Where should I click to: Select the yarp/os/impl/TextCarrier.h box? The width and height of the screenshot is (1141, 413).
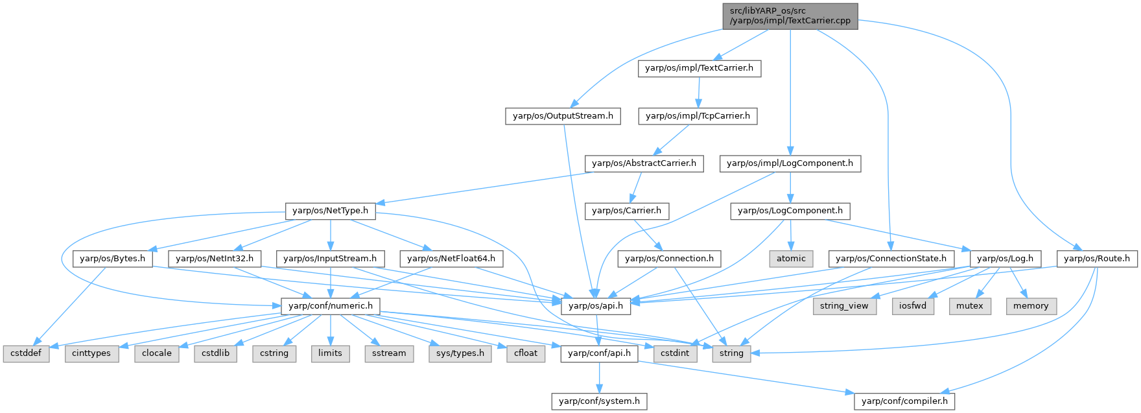tap(699, 69)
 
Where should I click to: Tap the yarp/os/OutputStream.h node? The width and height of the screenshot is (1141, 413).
tap(563, 117)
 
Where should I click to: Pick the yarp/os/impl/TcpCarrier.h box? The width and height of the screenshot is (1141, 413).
tap(697, 117)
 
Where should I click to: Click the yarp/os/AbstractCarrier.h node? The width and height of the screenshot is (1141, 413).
tap(644, 163)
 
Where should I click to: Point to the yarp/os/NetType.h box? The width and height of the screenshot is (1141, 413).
tap(330, 211)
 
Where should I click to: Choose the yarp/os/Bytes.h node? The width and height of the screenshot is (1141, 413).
tap(113, 259)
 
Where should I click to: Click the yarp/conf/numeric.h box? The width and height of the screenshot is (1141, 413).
tap(330, 306)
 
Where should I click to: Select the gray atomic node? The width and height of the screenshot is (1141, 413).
tap(791, 259)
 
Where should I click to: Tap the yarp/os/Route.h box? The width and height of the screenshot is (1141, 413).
tap(1097, 259)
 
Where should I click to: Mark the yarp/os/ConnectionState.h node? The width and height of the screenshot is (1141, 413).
tap(891, 259)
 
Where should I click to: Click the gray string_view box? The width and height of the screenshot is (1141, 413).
tap(844, 306)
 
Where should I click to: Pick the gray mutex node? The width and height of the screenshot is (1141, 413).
tap(970, 306)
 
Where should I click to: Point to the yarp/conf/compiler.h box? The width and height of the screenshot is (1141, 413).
tap(904, 401)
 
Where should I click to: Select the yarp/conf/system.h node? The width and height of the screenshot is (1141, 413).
tap(599, 401)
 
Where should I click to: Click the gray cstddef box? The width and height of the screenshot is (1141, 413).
tap(26, 353)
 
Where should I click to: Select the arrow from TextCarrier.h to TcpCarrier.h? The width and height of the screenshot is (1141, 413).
tap(698, 93)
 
